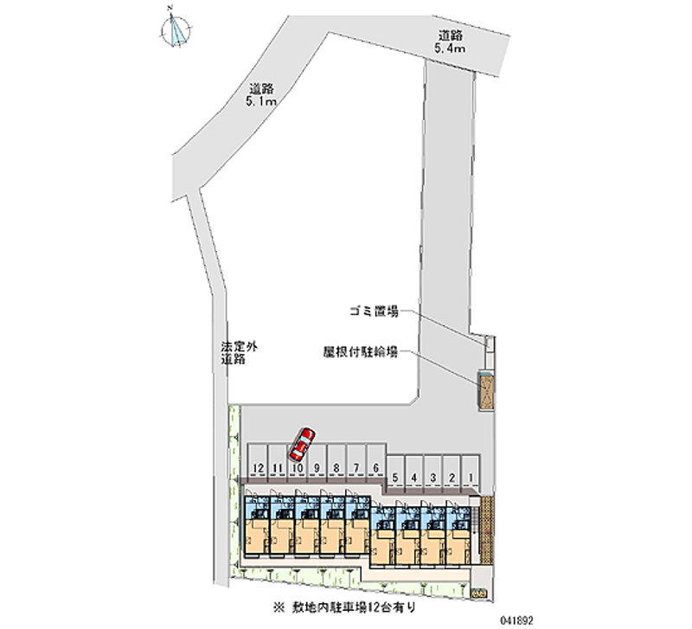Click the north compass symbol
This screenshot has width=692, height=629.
tap(176, 29)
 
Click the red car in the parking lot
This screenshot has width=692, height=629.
tap(302, 444)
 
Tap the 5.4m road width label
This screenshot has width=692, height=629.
tap(451, 42)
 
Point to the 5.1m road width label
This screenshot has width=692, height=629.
tap(261, 94)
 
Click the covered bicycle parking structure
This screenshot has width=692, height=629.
tap(487, 389)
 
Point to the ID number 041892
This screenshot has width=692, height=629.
tap(662, 619)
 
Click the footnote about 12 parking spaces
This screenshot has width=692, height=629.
tap(347, 608)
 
